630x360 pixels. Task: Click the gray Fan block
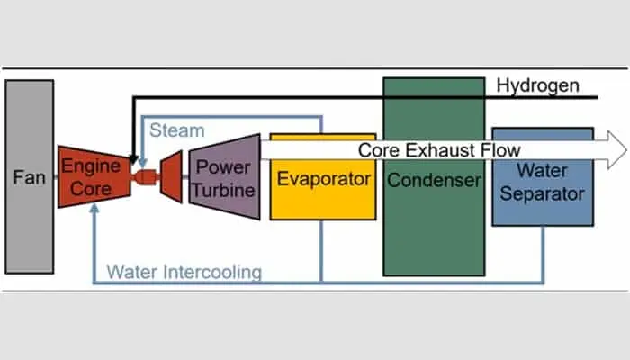29,177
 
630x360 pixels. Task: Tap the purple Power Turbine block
224,177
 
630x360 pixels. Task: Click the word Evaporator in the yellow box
323,179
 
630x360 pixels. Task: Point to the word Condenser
435,180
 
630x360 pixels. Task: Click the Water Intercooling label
184,271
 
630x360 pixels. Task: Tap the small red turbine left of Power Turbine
171,176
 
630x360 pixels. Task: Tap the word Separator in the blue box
542,193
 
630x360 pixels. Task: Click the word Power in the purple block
223,166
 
